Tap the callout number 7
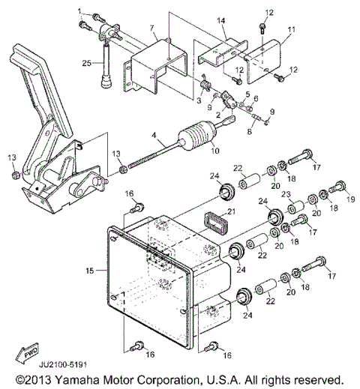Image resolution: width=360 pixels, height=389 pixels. (x=153, y=29)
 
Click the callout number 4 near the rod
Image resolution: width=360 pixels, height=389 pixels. (x=154, y=136)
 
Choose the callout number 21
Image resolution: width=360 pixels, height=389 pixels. (x=232, y=212)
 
